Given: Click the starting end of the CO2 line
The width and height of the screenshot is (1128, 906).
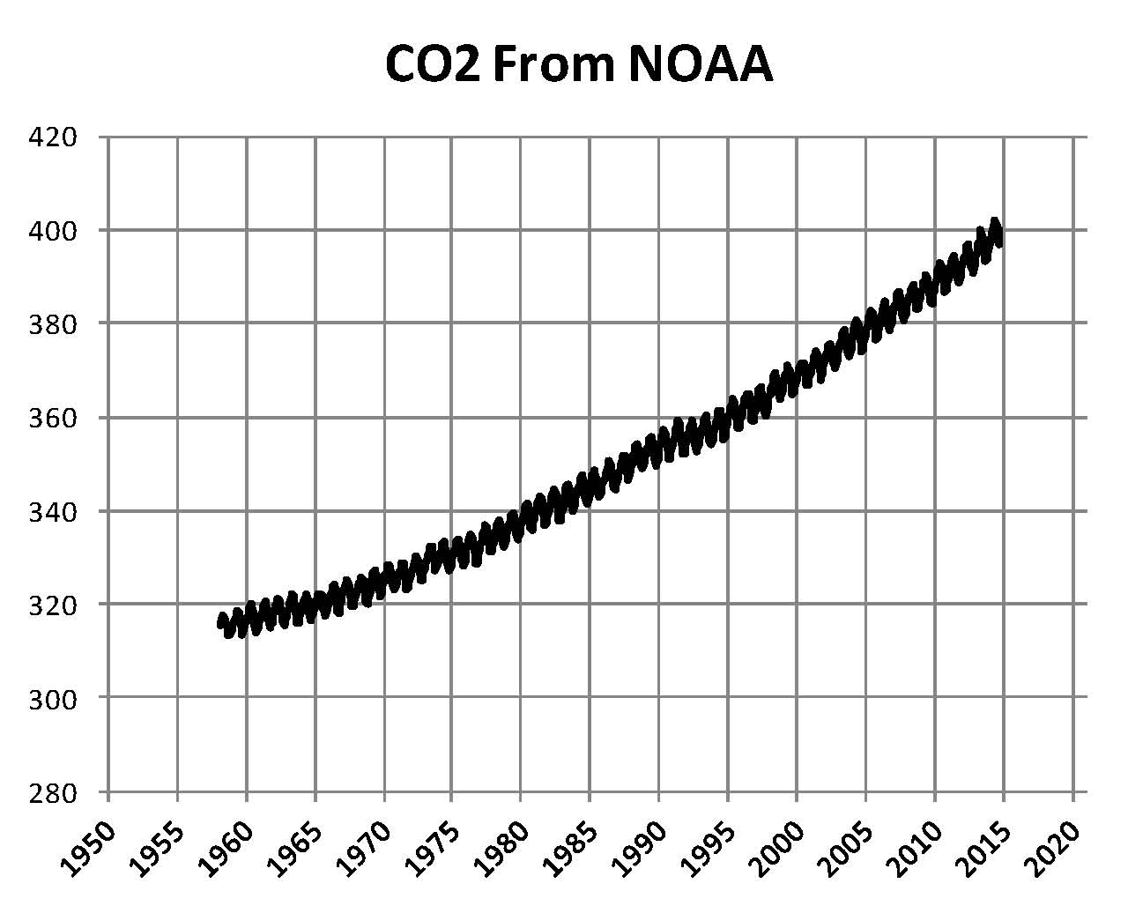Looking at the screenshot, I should click(220, 623).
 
